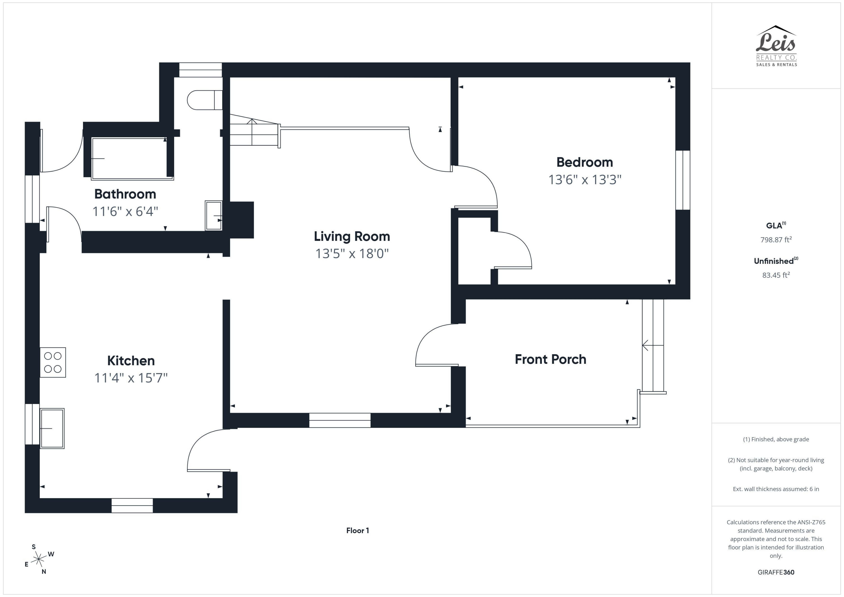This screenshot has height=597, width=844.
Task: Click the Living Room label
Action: point(352,236)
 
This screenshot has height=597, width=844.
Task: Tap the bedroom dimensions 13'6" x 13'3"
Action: point(585,180)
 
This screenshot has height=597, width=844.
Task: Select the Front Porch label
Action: point(550,359)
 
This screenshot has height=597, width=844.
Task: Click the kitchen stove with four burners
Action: point(53,362)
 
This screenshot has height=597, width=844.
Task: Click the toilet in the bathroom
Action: point(204,100)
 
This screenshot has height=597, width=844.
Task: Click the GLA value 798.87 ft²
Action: point(776,240)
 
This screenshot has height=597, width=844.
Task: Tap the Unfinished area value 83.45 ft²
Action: point(776,275)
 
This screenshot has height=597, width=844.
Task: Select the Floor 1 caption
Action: point(357,530)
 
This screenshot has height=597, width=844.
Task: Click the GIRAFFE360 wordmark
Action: point(776,572)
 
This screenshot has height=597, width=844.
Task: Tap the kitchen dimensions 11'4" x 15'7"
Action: point(131,378)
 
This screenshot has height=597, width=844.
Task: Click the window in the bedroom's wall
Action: point(683,180)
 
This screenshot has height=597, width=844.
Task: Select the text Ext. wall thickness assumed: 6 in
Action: point(776,489)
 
